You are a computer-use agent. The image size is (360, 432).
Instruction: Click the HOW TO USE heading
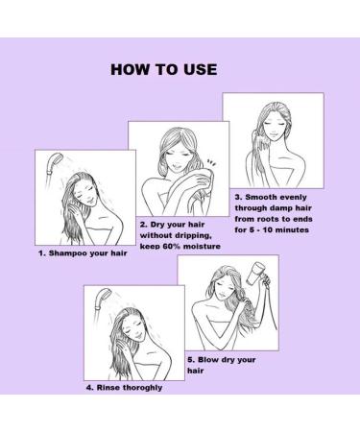click(x=164, y=69)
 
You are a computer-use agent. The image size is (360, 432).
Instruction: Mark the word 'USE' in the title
click(x=195, y=69)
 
